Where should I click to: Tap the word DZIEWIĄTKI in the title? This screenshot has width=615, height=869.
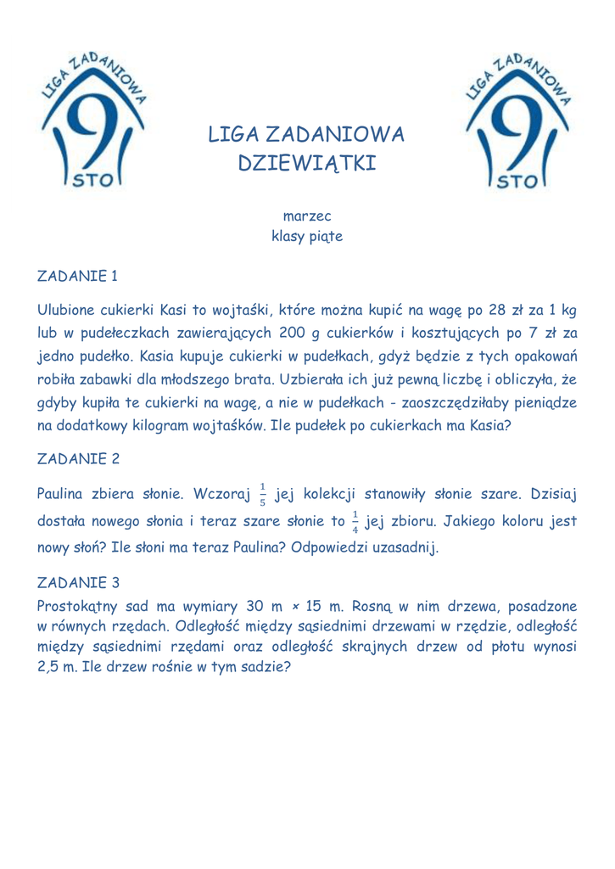[x=307, y=162]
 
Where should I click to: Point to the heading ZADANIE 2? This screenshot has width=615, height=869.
[x=79, y=459]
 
